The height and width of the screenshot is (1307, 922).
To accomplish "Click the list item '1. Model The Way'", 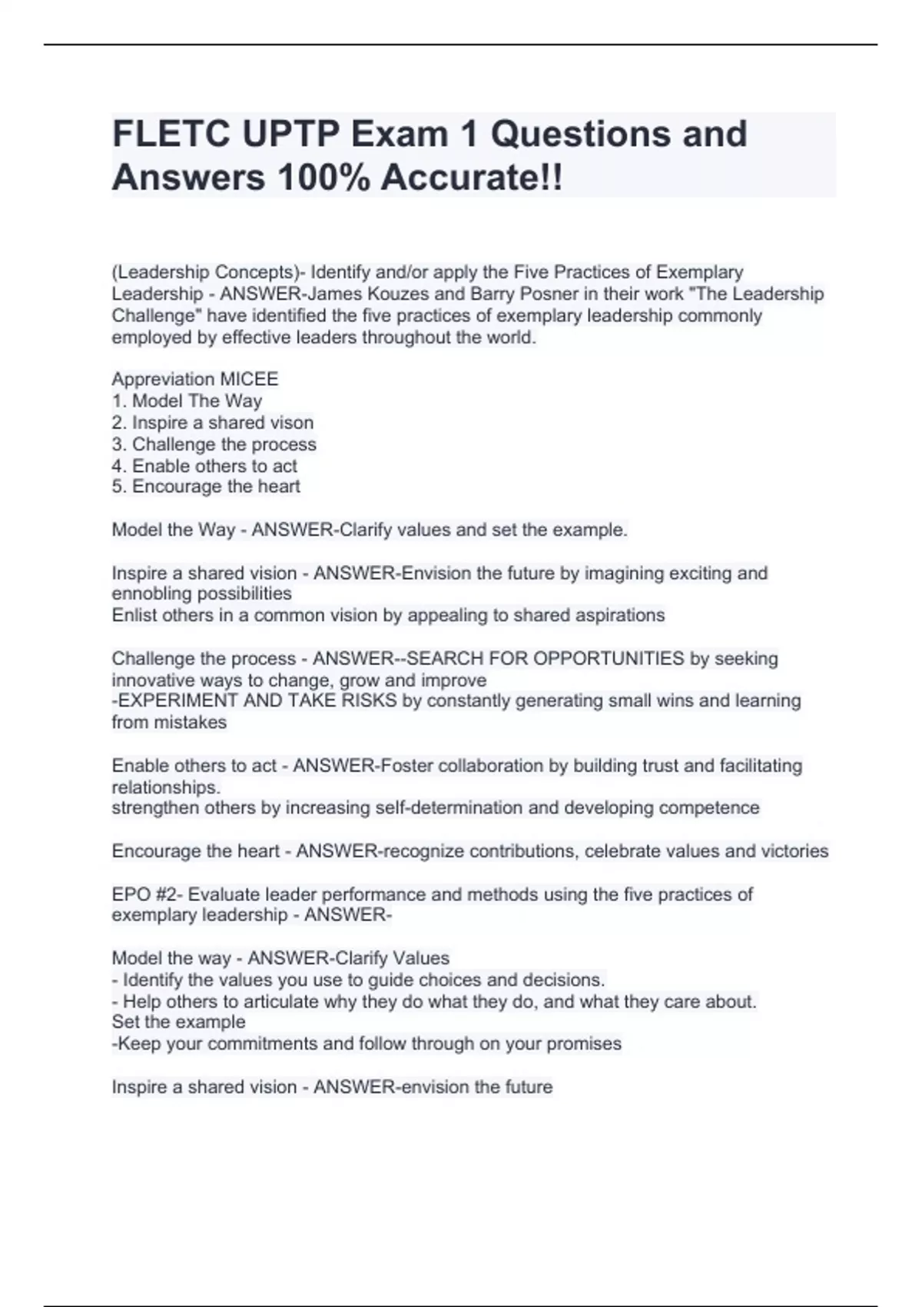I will coord(187,401).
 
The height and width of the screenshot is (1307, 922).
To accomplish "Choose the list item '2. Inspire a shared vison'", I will coord(212,422).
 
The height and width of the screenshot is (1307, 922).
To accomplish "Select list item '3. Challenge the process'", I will coord(214,444).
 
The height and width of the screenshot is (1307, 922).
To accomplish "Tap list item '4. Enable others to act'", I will coord(204,466).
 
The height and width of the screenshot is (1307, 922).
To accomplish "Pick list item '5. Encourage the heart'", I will coord(206,487).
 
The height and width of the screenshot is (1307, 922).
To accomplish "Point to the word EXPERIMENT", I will coord(176,700).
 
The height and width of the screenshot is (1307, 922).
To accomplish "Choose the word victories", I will coord(794,851).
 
